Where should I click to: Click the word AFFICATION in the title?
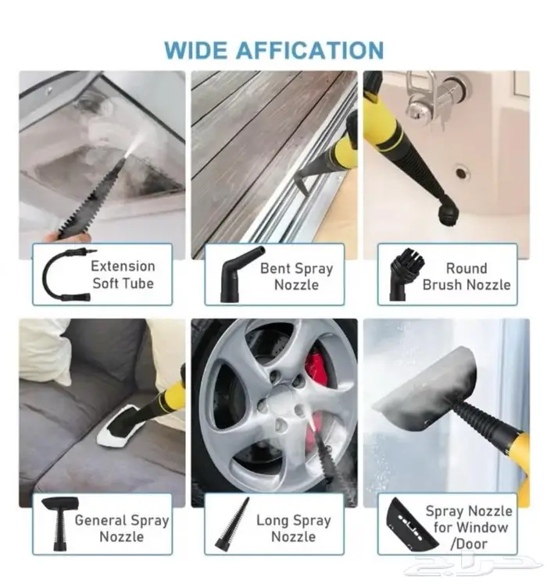pos(310,50)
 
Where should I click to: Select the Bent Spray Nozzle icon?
pos(240,273)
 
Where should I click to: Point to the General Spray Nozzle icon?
pos(59,524)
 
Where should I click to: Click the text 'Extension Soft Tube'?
pos(123,275)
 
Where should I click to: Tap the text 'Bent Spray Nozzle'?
pos(296,276)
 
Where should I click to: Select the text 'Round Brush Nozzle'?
pos(467,276)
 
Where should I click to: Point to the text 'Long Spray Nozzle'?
pos(294,529)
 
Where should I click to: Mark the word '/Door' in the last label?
pos(468,543)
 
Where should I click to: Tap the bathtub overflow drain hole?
pos(462,173)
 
